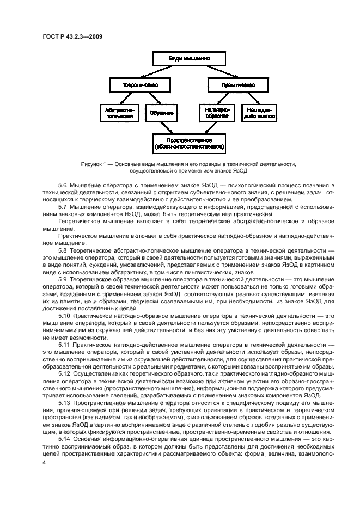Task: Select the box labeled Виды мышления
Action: [188, 58]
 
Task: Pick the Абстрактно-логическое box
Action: [119, 113]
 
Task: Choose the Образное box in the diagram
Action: [162, 113]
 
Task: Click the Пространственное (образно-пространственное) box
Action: [189, 143]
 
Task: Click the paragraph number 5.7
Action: [63, 207]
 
